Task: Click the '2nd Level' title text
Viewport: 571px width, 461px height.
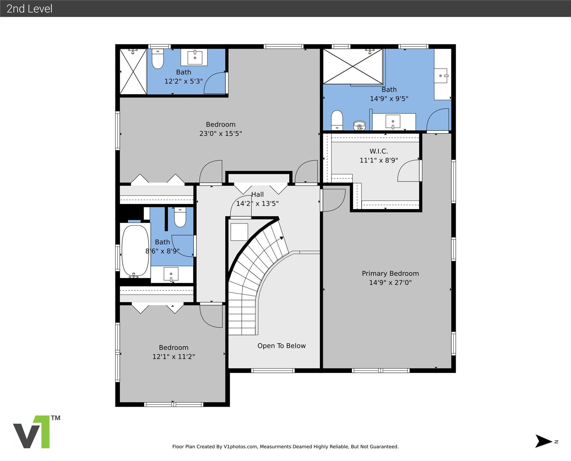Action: tap(29, 9)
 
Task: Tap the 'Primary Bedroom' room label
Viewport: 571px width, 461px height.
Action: tap(390, 273)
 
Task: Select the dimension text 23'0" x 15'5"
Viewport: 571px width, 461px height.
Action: tap(221, 134)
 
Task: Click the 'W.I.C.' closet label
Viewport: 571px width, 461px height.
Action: tap(378, 151)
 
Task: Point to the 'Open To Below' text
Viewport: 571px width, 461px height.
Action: tap(281, 346)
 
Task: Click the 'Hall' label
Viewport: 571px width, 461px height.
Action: tap(258, 194)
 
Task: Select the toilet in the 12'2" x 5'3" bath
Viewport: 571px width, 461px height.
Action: tap(157, 59)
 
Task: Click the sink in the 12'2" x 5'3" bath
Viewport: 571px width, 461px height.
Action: tap(195, 57)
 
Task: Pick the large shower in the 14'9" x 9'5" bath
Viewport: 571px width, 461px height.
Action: tap(353, 67)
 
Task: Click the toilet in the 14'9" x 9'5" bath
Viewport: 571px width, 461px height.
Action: tap(337, 120)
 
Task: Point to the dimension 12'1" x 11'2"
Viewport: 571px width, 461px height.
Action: tap(173, 357)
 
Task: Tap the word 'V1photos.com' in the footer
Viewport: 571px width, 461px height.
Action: tap(240, 447)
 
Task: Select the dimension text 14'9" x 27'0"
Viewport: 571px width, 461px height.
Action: tap(390, 282)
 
